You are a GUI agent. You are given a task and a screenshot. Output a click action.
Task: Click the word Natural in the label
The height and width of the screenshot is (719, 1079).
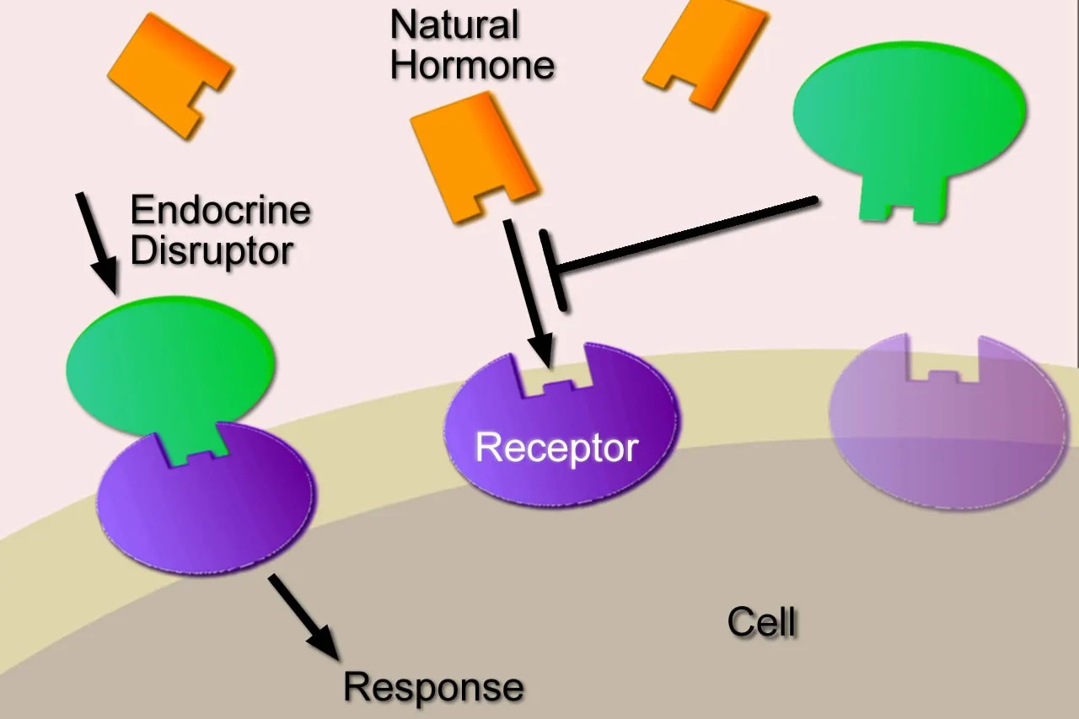coord(454,25)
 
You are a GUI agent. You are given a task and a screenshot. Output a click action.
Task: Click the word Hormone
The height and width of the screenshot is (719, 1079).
coord(472,65)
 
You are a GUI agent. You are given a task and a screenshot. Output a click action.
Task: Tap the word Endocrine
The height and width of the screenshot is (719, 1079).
coord(220,210)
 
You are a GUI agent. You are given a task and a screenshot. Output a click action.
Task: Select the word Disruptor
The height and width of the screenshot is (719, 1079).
coord(212,250)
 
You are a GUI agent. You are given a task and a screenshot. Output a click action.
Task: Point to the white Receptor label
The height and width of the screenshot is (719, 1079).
coord(556,447)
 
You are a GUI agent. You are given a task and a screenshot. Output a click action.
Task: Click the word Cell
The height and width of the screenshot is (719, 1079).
coord(761,623)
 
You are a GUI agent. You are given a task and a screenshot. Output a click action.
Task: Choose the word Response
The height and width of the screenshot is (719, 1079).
coord(433,687)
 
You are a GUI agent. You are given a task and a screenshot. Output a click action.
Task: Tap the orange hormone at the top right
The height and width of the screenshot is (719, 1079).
coord(706,51)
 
